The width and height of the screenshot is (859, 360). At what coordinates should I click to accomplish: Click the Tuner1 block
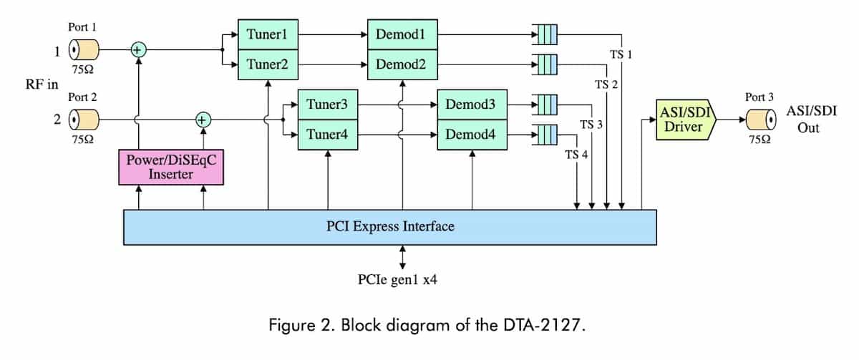268,34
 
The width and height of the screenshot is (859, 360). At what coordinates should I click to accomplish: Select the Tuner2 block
268,64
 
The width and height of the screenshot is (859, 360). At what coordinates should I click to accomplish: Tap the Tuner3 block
328,104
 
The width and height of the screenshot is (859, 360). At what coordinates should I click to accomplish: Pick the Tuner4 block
328,134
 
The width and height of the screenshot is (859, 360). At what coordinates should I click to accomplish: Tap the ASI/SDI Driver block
684,120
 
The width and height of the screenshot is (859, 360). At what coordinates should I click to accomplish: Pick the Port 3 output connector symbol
760,120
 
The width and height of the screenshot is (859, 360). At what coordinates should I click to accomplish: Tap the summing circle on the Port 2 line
204,120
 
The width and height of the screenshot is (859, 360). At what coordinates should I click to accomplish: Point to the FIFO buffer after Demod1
545,34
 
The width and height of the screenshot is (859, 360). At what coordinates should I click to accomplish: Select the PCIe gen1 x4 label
397,280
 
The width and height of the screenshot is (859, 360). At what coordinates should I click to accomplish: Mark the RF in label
42,84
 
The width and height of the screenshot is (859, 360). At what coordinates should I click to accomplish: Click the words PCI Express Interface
390,227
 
